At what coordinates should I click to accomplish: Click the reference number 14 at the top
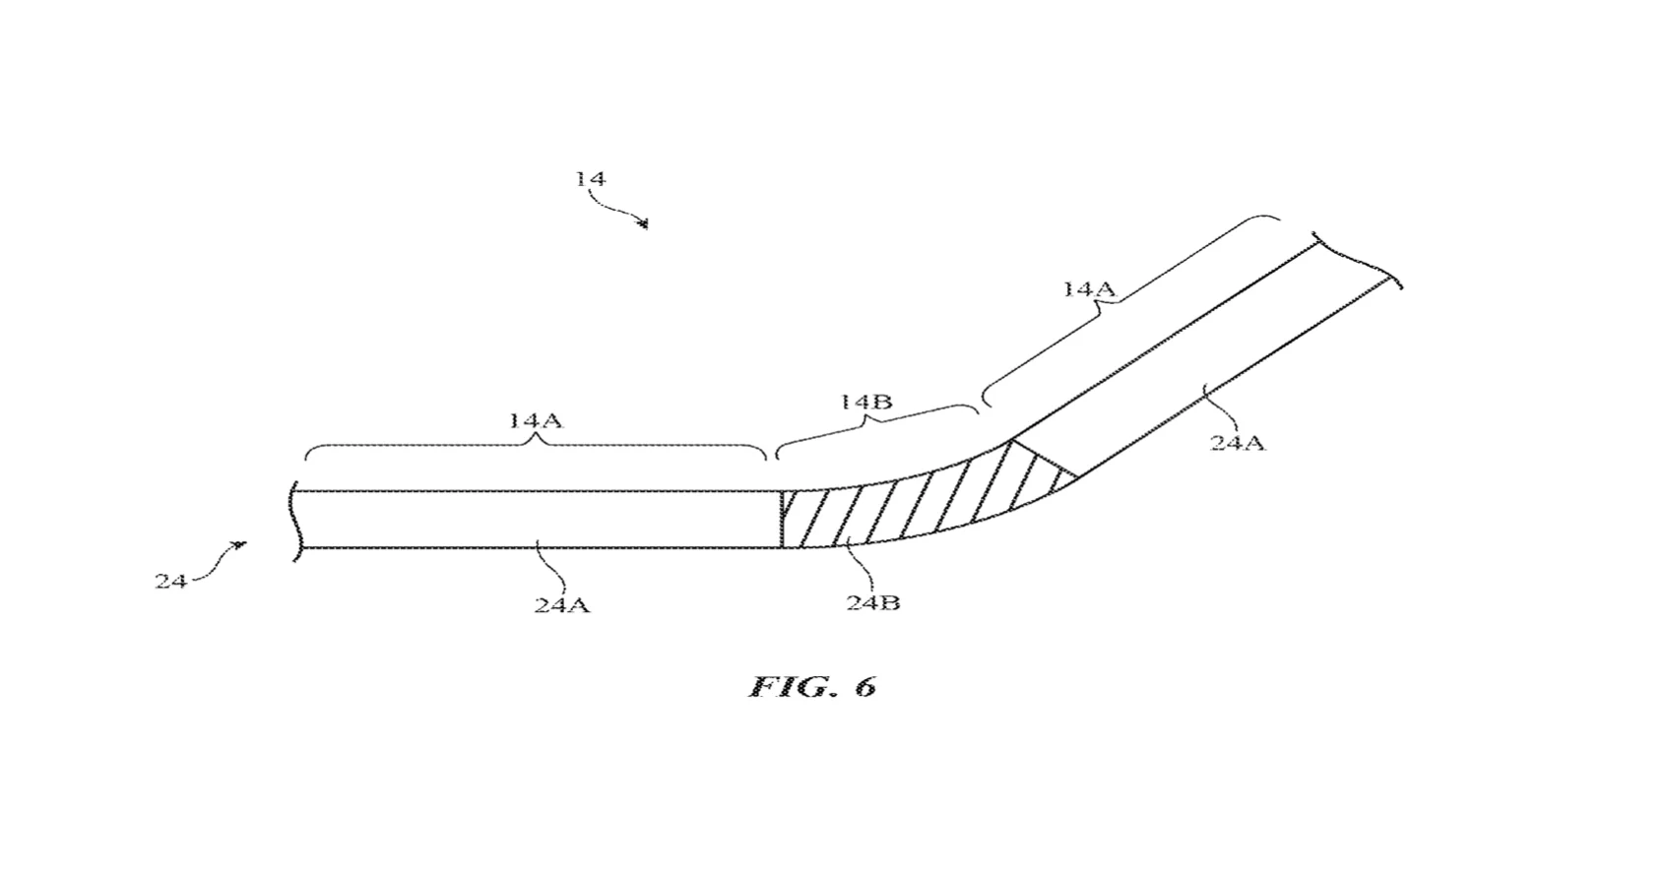(591, 179)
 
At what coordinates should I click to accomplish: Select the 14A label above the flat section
(536, 420)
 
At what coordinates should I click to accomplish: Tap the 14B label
(865, 403)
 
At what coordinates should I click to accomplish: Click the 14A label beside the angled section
(1089, 288)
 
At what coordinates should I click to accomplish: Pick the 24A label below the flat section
(562, 605)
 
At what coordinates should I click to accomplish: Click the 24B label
(872, 602)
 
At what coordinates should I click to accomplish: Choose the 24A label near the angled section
(1238, 443)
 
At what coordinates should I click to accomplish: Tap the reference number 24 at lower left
(171, 581)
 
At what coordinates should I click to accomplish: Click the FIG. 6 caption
(812, 687)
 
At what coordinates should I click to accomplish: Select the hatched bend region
(922, 502)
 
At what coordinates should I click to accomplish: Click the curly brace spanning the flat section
(536, 444)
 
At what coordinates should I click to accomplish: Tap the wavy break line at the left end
(294, 521)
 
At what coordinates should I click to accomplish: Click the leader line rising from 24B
(861, 569)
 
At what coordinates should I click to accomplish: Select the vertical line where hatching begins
(781, 519)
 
